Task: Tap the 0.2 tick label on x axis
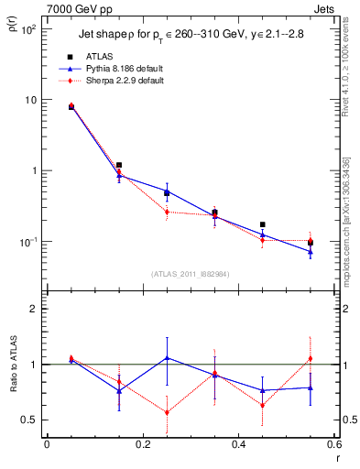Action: (x=142, y=444)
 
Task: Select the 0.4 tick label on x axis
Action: (x=238, y=444)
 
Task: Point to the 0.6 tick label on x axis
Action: (x=333, y=444)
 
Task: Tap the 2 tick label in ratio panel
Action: (x=35, y=309)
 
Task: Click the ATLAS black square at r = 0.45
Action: (x=263, y=224)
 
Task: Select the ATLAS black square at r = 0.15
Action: (x=119, y=165)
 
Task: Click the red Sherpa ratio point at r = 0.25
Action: (x=167, y=412)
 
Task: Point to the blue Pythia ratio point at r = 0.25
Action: (x=167, y=357)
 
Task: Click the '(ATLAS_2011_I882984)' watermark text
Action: (x=191, y=274)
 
